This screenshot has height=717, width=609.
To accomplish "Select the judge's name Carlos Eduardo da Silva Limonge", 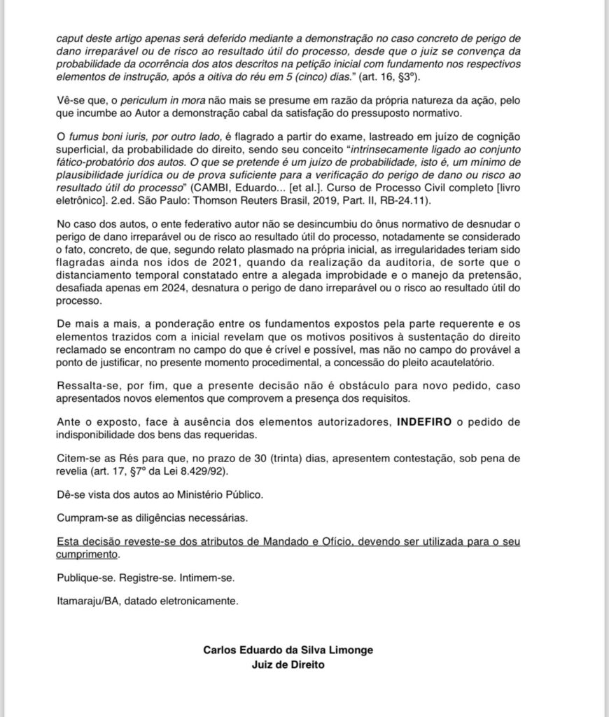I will pyautogui.click(x=288, y=650).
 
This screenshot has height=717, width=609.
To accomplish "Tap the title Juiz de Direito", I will pyautogui.click(x=288, y=665).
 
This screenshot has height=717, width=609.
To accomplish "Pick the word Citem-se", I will pyautogui.click(x=78, y=458).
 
